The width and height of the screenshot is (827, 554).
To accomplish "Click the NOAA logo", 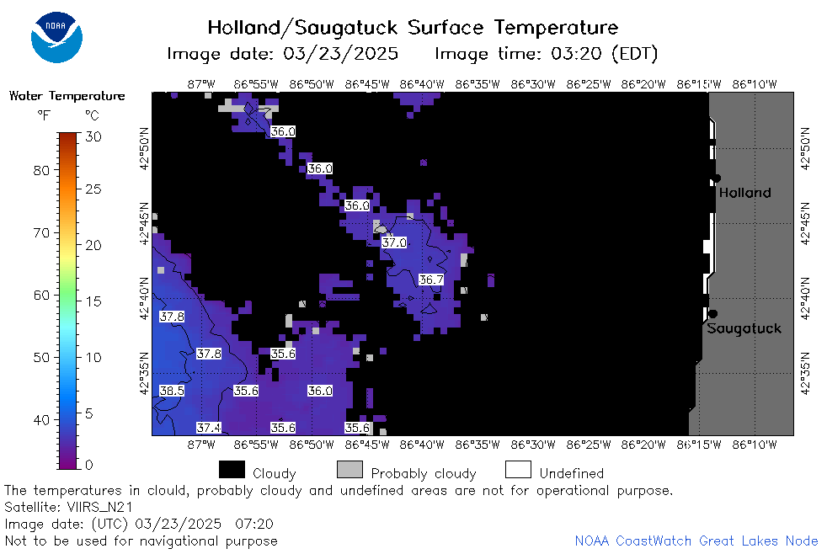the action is (x=56, y=37).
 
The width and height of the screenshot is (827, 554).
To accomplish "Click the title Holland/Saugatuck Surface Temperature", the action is (x=413, y=28).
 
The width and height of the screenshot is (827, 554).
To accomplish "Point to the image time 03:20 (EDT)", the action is (x=604, y=54).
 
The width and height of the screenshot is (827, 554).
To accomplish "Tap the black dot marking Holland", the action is (x=716, y=178).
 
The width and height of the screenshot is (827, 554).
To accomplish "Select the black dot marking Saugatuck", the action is (x=712, y=314).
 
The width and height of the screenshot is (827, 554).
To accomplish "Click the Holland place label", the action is (x=744, y=193).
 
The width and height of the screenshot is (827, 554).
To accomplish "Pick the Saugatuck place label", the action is (x=744, y=328).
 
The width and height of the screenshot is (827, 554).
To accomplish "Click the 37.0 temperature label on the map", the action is (x=394, y=242).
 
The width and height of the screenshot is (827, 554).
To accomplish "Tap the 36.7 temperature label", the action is (x=431, y=280).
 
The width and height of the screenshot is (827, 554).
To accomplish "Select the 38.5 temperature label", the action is (x=172, y=391).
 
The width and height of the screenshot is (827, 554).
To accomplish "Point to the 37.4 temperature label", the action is (x=209, y=428).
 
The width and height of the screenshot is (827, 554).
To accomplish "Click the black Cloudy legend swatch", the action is (x=232, y=470).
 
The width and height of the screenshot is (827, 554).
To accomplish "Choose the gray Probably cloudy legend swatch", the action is (x=349, y=470).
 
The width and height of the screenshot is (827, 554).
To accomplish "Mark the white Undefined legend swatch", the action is (x=518, y=470).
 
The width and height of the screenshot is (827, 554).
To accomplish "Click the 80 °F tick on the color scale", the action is (x=41, y=170).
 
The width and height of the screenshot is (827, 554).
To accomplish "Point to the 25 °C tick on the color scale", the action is (x=93, y=189).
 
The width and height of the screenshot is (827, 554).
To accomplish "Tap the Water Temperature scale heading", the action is (x=67, y=95).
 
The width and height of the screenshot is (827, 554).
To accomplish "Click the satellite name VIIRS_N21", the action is (x=99, y=507).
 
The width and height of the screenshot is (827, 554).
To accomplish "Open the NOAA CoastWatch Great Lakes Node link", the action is (x=696, y=541).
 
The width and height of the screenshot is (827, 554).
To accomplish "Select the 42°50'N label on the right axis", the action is (x=805, y=149).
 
